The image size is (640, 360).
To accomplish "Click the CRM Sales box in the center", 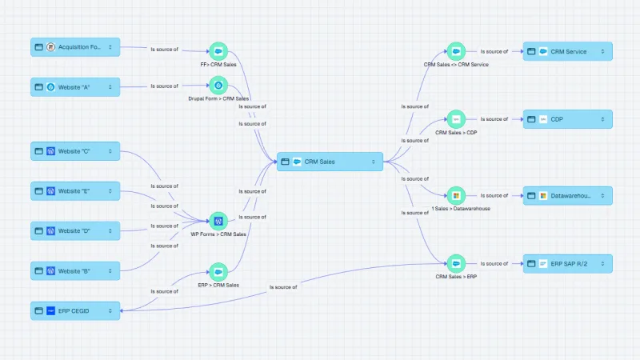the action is coord(330,162).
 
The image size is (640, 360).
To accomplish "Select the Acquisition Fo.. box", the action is coord(75,47).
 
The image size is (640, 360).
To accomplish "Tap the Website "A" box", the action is coord(75,87).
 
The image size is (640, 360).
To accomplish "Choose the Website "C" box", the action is coord(75,151).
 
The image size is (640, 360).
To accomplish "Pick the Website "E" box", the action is coord(75,191).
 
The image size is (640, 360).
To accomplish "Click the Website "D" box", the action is coord(75,230).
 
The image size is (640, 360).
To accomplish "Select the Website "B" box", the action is coord(75,270).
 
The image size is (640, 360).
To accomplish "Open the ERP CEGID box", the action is coord(75,310).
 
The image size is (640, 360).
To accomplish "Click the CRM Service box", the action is coord(568,51).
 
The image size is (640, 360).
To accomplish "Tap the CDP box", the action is coord(568,119).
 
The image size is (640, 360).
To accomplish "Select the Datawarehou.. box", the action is coord(568,195).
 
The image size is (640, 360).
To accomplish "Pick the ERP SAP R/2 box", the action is coord(568,264).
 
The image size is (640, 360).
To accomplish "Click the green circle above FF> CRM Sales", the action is coord(218,51).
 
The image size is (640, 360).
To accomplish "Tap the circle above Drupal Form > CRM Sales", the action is coord(218,86).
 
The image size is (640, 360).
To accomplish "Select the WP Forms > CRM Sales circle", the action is coord(218,221).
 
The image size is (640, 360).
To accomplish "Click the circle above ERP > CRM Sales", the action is coord(218,272).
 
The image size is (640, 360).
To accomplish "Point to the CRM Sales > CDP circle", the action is coord(456,119).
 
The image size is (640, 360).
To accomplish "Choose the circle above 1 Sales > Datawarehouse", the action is coord(456,195).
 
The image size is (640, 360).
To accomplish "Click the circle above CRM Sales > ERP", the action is coord(456,264).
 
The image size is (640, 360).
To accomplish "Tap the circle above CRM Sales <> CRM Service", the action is coord(456,51).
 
